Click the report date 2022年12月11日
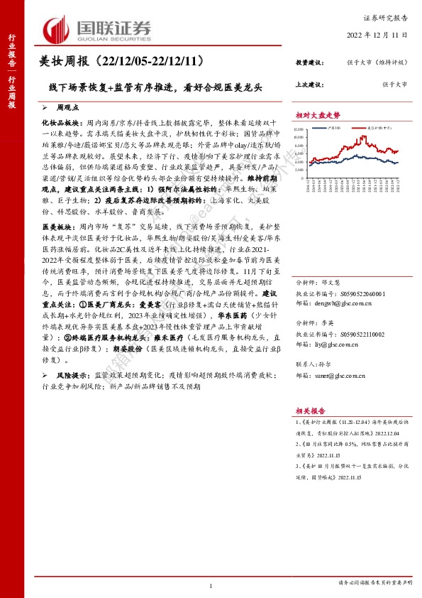coord(382,33)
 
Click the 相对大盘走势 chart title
coord(318,115)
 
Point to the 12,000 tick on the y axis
coord(299,129)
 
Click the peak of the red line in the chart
coord(364,136)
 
